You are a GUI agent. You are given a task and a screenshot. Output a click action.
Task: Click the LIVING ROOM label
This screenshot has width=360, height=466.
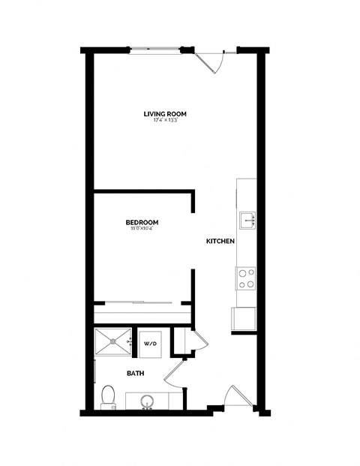(165, 114)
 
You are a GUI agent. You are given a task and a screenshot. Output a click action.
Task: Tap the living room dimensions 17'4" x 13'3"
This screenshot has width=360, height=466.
(165, 121)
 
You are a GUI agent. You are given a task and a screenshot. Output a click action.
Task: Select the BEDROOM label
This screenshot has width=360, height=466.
(141, 222)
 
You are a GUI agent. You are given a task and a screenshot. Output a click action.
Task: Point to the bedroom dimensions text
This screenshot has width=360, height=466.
(141, 229)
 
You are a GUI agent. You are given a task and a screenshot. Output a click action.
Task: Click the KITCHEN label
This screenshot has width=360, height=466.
(221, 242)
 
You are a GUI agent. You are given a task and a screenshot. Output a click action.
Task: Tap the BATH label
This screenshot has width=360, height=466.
(135, 373)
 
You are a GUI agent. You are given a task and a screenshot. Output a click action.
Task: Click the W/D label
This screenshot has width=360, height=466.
(150, 344)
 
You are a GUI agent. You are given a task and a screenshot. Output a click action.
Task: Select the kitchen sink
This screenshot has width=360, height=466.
(247, 220)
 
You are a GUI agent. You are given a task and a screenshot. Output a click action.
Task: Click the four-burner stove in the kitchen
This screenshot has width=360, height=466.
(246, 279)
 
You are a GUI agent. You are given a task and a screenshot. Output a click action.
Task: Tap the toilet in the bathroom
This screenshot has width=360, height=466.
(108, 395)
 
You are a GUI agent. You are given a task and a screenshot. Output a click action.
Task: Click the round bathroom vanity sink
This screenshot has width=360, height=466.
(147, 400)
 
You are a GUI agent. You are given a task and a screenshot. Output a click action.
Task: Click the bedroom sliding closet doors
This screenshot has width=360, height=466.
(142, 303)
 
